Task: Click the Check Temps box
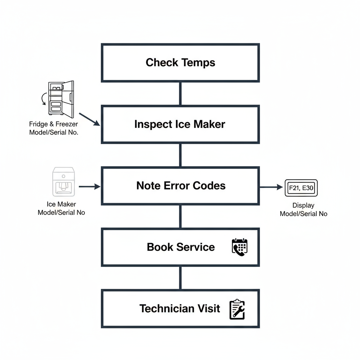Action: point(180,63)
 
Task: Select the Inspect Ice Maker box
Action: point(180,124)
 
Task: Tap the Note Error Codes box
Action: point(180,186)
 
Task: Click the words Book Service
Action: point(181,247)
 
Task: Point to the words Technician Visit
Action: point(180,309)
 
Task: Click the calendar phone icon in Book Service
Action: point(240,247)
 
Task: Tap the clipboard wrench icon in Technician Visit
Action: point(237,309)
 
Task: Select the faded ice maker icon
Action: point(63,181)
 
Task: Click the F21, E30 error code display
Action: point(301,188)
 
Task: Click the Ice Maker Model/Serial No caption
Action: point(61,208)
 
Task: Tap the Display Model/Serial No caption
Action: point(303,210)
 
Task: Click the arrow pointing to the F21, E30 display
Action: point(271,187)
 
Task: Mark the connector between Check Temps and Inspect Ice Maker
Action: point(180,94)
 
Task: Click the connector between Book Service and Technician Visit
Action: point(180,278)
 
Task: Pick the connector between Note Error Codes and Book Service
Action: point(180,217)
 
